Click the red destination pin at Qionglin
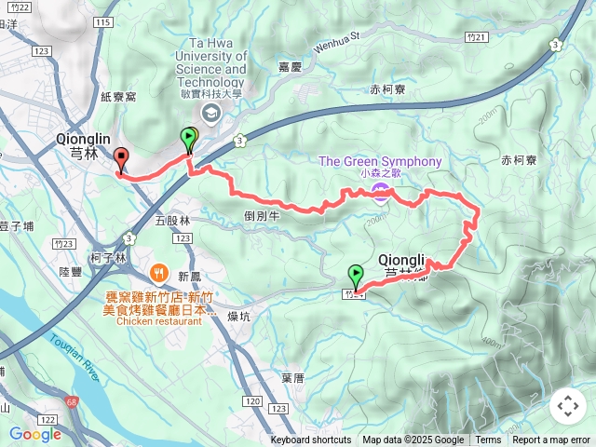coord(120,159)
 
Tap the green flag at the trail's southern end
coord(356,277)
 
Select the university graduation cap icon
coord(210,113)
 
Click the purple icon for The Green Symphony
coord(381,191)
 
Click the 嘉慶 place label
coord(290,67)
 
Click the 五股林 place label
coord(171,221)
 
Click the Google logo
coord(34,434)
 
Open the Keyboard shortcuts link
coord(311,440)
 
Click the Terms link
coord(488,440)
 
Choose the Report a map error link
coord(551,440)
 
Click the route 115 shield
coord(103,21)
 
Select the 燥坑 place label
coord(239,316)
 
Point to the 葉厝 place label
coord(291,378)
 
